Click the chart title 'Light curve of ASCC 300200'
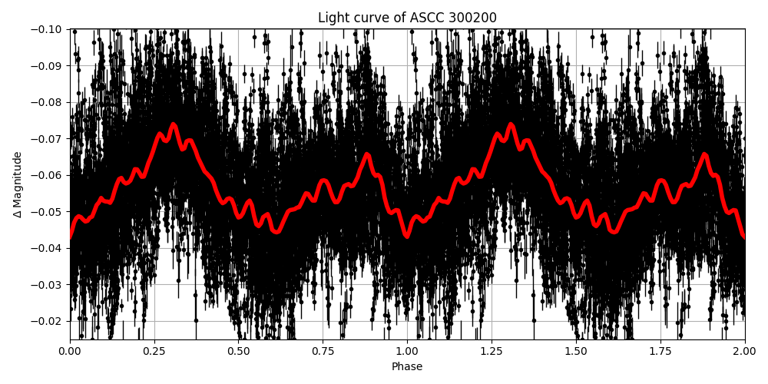tap(407, 18)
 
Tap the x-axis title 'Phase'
tap(407, 367)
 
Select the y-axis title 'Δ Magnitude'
tap(18, 184)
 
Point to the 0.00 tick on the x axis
tap(70, 352)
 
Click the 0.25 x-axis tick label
tap(154, 352)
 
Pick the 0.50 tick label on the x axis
tap(239, 352)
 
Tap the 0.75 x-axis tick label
tap(323, 352)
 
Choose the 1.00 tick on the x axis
tap(407, 352)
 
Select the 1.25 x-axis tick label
tap(492, 352)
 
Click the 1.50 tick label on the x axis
tap(576, 352)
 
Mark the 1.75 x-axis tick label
tap(660, 352)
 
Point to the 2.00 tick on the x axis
tap(744, 352)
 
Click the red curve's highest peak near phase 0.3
tap(174, 124)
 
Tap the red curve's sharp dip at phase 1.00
tap(407, 236)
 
